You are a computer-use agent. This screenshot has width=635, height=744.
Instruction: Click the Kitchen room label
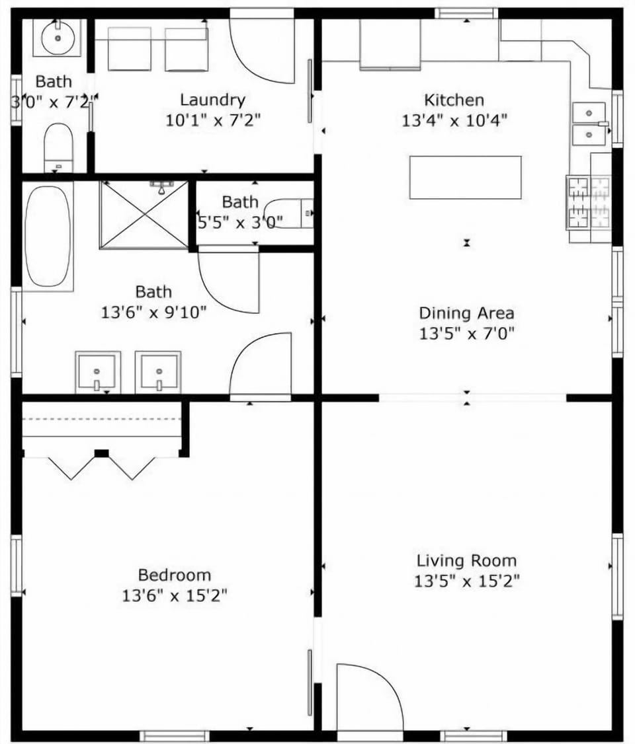click(454, 100)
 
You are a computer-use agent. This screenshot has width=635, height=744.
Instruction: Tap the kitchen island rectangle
click(465, 177)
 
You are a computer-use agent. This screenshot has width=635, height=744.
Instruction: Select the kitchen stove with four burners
click(589, 202)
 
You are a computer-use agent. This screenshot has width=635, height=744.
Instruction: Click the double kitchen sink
click(589, 124)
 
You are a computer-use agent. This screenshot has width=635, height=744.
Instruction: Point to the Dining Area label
click(466, 313)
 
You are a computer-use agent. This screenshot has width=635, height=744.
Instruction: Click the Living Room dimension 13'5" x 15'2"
click(466, 581)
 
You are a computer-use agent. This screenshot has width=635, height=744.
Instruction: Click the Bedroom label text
click(175, 575)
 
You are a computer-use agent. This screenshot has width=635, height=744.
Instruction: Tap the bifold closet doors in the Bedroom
click(103, 466)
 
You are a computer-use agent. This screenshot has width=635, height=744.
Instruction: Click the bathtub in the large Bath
click(48, 236)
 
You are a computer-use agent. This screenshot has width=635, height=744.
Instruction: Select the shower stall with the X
click(144, 214)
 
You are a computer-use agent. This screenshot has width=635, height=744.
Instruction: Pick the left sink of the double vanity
click(98, 371)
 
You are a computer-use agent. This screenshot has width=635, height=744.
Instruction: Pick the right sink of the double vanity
click(157, 371)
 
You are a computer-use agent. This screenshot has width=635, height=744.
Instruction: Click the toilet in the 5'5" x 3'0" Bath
click(290, 213)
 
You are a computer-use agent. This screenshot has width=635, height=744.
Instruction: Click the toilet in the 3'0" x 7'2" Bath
click(58, 147)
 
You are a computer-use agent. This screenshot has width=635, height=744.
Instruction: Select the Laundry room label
click(212, 100)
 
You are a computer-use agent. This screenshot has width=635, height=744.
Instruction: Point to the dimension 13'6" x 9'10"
click(153, 312)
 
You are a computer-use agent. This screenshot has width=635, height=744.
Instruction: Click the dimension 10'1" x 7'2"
click(212, 120)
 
